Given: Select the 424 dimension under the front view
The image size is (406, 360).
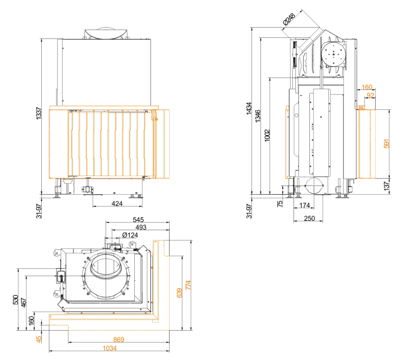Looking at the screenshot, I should click(x=117, y=204).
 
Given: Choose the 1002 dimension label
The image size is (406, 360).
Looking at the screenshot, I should click(x=267, y=136).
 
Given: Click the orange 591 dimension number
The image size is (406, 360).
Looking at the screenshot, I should click(x=387, y=144).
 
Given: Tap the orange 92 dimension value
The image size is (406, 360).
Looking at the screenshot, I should click(x=371, y=95).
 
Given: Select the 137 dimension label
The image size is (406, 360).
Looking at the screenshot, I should click(x=387, y=186).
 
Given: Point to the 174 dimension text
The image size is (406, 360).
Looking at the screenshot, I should click(x=304, y=206).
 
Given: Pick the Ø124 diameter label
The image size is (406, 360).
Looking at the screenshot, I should click(x=130, y=235).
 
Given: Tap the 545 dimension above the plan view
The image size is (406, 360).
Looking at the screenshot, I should click(x=138, y=220).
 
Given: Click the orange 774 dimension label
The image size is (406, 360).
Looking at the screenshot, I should click(x=188, y=285).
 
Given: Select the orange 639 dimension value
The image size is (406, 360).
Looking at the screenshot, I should click(x=179, y=293).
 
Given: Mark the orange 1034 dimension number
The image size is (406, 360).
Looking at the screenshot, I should click(x=109, y=348).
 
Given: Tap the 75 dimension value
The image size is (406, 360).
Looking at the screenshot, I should click(x=280, y=204).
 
